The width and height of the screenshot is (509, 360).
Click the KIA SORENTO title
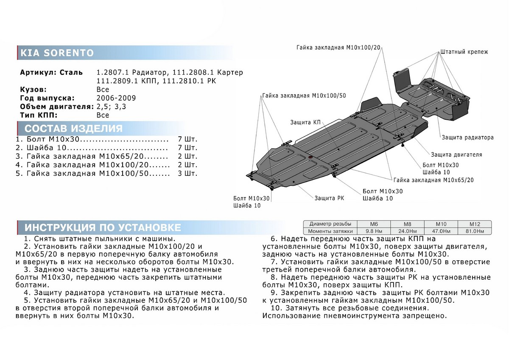pyautogui.click(x=57, y=53)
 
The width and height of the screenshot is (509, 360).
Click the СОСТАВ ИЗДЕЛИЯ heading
pyautogui.click(x=73, y=129)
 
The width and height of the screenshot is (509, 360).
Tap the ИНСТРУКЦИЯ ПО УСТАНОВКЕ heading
pyautogui.click(x=103, y=228)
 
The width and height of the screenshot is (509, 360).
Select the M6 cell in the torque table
pyautogui.click(x=374, y=224)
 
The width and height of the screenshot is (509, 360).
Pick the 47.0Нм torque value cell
pyautogui.click(x=441, y=231)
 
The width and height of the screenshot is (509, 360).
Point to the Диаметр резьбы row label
pyautogui.click(x=330, y=224)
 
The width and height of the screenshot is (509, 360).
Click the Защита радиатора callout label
pyautogui.click(x=467, y=138)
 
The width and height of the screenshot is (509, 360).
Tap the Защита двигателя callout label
pyautogui.click(x=456, y=155)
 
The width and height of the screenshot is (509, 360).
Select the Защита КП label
pyautogui.click(x=305, y=122)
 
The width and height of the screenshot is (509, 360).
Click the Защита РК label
pyautogui.click(x=329, y=198)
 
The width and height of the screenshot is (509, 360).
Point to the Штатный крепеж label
pyautogui.click(x=464, y=52)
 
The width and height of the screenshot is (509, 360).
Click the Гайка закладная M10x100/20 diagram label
pyautogui.click(x=338, y=48)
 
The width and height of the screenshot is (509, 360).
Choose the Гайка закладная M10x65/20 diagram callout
pyautogui.click(x=433, y=180)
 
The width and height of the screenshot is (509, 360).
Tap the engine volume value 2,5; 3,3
pyautogui.click(x=111, y=107)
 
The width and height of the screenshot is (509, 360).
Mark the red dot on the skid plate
pyautogui.click(x=310, y=158)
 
